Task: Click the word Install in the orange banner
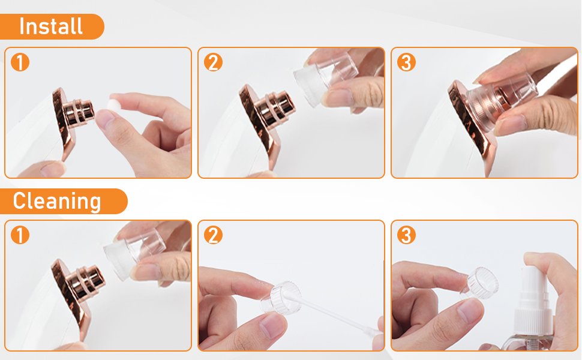tap(50, 26)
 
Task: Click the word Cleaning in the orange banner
tap(57, 201)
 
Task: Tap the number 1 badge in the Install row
tap(20, 62)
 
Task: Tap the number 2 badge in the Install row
tap(213, 62)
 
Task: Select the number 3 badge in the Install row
tap(406, 62)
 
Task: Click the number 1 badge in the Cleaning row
tap(20, 235)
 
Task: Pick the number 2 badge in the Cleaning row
tap(213, 235)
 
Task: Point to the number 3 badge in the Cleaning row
tap(406, 235)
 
